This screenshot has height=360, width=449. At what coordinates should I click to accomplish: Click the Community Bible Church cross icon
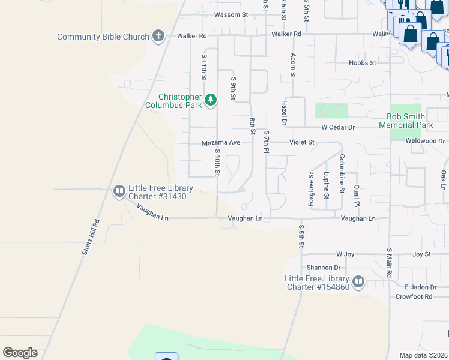(158, 36)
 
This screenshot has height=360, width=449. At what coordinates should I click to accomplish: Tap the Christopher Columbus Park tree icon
(210, 100)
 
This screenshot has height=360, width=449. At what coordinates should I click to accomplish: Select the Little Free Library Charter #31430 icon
(119, 191)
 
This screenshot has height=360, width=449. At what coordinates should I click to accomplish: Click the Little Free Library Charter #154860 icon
(358, 281)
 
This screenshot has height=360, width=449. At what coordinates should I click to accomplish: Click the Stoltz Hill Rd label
(91, 239)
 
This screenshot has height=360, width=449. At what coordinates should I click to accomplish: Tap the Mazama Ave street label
(221, 143)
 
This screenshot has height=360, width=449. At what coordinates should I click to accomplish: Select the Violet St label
(302, 142)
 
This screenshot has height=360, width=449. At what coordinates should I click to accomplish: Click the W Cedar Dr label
(338, 127)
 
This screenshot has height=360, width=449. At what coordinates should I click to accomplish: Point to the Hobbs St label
(363, 62)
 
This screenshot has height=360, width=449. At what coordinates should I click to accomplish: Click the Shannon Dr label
(324, 268)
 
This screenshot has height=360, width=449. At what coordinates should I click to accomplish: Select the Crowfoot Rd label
(414, 296)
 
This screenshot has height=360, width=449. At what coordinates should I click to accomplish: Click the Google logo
(20, 353)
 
